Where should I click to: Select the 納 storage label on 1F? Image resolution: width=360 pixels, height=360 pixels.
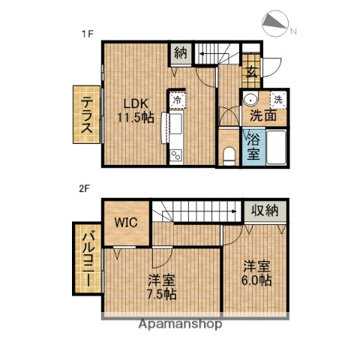[180, 52]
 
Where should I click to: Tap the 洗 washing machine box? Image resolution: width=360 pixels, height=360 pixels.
[277, 100]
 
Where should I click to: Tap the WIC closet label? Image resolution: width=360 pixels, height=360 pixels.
[125, 222]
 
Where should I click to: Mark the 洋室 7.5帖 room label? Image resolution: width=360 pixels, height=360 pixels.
[160, 288]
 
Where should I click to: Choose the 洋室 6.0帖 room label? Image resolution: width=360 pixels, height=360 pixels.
[256, 272]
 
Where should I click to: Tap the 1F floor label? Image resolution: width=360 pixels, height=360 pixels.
[87, 33]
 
